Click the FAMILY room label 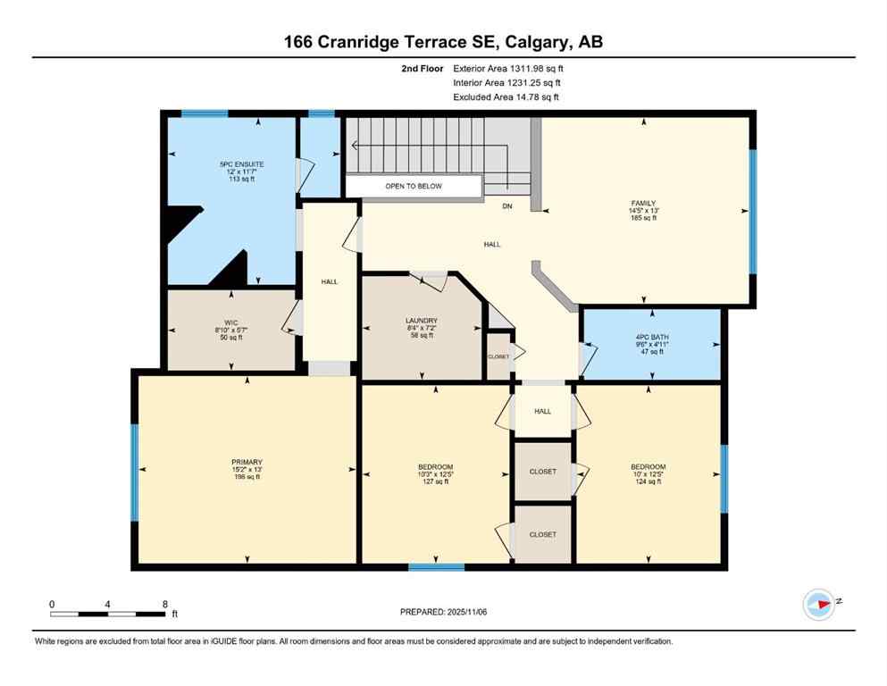click(643, 203)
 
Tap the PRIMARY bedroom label click(247, 462)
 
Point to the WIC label click(230, 322)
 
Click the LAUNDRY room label click(422, 321)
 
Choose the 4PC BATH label click(651, 337)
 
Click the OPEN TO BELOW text click(414, 186)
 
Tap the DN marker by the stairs click(506, 206)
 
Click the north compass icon click(818, 604)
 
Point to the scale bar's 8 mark click(164, 605)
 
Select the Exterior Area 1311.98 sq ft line click(508, 68)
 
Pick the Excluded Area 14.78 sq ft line click(506, 96)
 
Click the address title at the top click(443, 41)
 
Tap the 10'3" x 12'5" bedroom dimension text click(435, 474)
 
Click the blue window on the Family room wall click(752, 211)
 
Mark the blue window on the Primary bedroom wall click(135, 471)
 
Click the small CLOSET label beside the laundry click(498, 356)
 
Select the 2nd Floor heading click(420, 68)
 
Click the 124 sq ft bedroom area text click(648, 481)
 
